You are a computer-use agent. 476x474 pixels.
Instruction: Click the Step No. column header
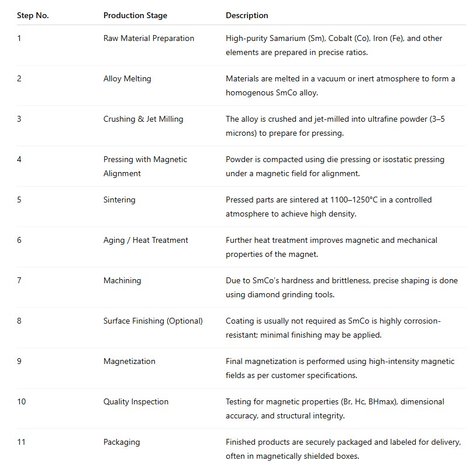pyautogui.click(x=33, y=15)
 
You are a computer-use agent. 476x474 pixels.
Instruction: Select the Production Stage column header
pyautogui.click(x=135, y=15)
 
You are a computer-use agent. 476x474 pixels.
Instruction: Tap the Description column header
pyautogui.click(x=247, y=15)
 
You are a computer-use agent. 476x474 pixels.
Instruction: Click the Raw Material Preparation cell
pyautogui.click(x=149, y=38)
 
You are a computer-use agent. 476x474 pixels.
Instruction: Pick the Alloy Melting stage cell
pyautogui.click(x=127, y=78)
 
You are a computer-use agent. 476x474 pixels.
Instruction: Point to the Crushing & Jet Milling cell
pyautogui.click(x=143, y=119)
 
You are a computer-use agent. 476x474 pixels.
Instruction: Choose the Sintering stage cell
pyautogui.click(x=119, y=200)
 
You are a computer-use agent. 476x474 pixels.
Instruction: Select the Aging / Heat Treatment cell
pyautogui.click(x=146, y=240)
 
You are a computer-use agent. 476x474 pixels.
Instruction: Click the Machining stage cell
pyautogui.click(x=122, y=280)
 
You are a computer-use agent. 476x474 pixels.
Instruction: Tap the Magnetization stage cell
pyautogui.click(x=129, y=361)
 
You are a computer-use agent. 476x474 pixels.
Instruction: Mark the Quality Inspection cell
pyautogui.click(x=136, y=401)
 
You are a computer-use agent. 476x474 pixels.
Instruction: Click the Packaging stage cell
pyautogui.click(x=122, y=442)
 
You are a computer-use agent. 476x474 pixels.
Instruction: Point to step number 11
pyautogui.click(x=21, y=442)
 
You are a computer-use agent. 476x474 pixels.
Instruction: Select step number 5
pyautogui.click(x=19, y=200)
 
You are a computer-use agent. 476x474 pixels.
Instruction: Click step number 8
pyautogui.click(x=19, y=321)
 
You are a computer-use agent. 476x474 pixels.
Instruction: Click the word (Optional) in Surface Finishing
pyautogui.click(x=184, y=321)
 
